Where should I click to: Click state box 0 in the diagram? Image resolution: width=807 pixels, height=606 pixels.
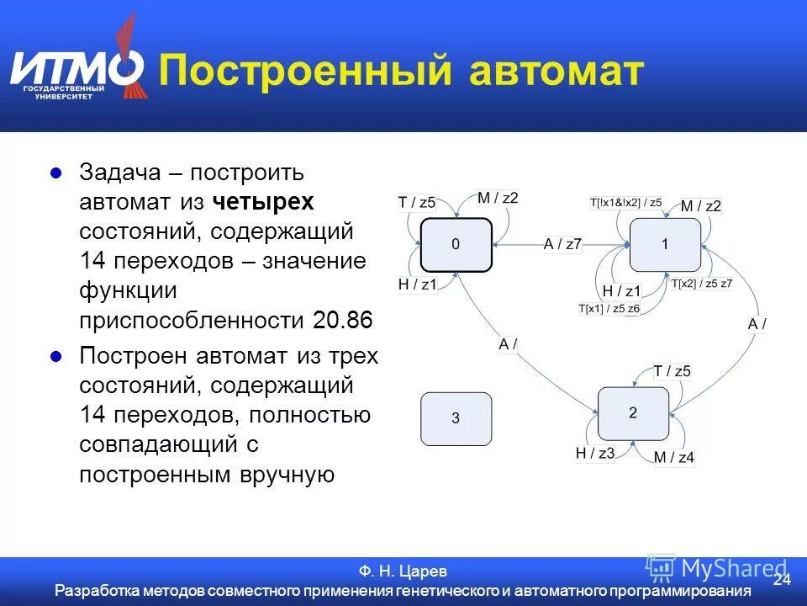tap(456, 244)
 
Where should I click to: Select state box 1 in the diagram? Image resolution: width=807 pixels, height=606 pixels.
tap(665, 244)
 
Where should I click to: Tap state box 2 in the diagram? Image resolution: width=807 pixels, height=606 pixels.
tap(633, 412)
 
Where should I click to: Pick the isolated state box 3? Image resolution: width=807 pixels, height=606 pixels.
tap(456, 418)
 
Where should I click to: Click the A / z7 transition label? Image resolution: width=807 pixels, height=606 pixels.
tap(562, 244)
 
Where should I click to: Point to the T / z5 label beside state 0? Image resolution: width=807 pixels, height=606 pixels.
tap(416, 202)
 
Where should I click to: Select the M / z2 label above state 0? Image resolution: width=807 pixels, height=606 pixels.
tap(498, 198)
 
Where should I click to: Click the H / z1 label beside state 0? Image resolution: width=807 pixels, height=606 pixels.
tap(418, 284)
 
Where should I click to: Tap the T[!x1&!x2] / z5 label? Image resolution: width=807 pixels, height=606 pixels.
tap(625, 202)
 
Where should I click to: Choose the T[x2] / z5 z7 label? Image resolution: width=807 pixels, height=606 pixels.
tap(702, 283)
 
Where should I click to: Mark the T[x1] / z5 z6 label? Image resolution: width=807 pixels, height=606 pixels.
tap(609, 309)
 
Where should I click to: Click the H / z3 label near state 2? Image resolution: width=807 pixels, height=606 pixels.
tap(595, 453)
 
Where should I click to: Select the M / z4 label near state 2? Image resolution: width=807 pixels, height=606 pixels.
tap(674, 458)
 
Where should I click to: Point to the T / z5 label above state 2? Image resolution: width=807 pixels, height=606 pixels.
tap(672, 371)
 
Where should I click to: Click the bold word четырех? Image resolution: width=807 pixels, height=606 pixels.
tap(263, 202)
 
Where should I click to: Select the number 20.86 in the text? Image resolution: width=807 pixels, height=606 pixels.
tap(341, 320)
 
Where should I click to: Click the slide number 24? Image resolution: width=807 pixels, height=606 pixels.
tap(782, 579)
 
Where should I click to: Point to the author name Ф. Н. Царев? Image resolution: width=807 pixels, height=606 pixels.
tap(403, 571)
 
